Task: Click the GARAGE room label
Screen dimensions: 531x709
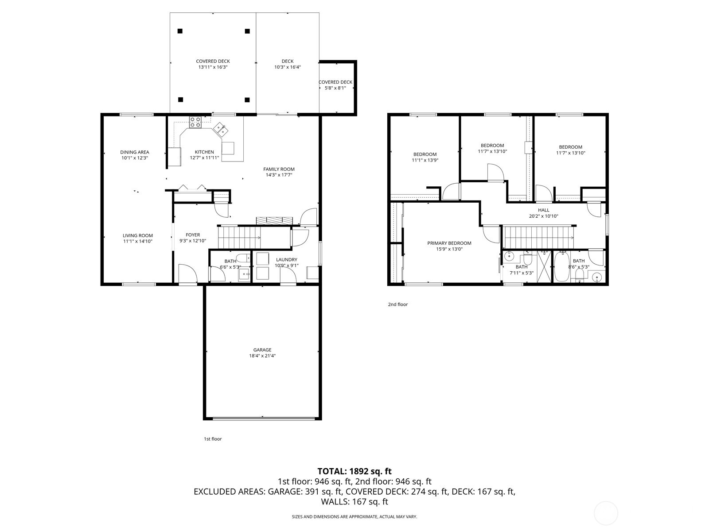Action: (262, 353)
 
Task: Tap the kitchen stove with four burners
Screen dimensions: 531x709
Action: (195, 122)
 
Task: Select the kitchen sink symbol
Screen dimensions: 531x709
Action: (221, 130)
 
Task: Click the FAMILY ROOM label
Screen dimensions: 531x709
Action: (279, 172)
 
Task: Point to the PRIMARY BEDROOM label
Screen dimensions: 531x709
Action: (449, 246)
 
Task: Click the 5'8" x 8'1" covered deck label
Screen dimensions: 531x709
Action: (335, 85)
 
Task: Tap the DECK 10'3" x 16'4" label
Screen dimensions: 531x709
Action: (287, 64)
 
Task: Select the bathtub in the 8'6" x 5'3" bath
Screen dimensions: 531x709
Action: (562, 266)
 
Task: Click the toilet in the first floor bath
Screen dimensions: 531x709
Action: (242, 258)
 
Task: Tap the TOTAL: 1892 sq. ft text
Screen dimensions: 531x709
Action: (354, 471)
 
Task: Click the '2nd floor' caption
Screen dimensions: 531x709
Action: (397, 304)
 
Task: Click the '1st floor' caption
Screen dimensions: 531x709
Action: (213, 439)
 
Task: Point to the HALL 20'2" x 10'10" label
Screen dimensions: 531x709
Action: (543, 213)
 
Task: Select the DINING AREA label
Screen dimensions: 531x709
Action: (134, 155)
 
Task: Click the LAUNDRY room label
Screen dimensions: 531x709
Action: (286, 262)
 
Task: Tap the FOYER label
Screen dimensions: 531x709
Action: (192, 238)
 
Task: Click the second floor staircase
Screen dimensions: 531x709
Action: (538, 237)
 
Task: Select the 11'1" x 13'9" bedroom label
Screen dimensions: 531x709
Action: (425, 157)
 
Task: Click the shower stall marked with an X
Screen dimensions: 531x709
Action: (543, 267)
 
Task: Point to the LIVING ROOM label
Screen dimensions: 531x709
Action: (138, 239)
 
